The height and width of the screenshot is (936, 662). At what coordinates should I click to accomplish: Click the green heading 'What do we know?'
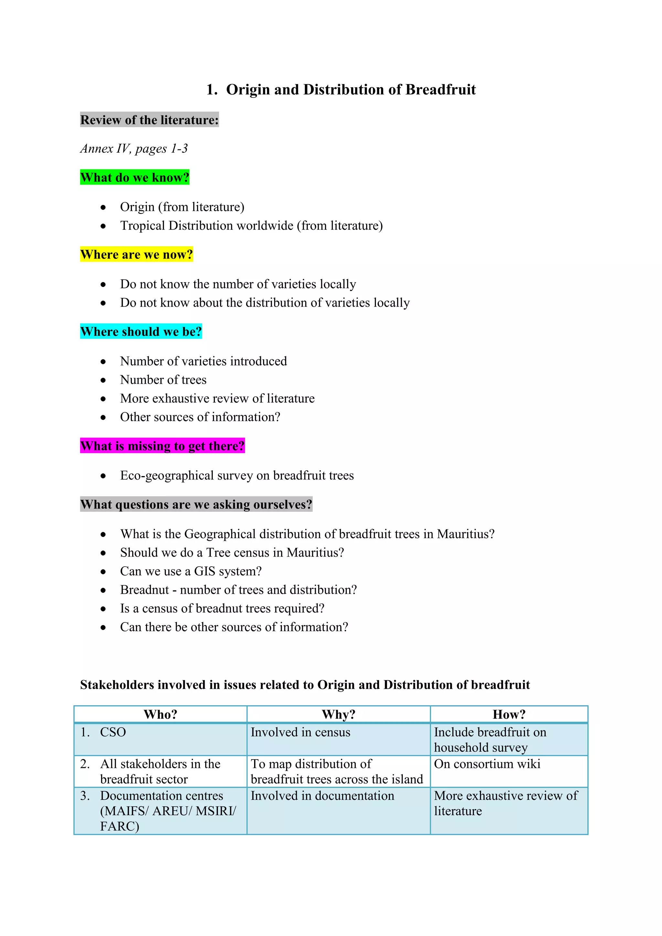point(134,177)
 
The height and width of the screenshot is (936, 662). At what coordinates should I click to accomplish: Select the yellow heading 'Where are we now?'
point(136,254)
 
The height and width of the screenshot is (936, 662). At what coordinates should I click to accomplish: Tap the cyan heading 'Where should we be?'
point(141,331)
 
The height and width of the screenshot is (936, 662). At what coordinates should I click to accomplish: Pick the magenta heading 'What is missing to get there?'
point(162,446)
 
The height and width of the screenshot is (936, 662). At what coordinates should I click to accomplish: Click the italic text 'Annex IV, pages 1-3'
point(134,148)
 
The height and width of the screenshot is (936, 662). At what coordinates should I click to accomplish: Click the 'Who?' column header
point(160,714)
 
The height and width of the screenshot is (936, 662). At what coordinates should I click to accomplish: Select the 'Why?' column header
point(338,714)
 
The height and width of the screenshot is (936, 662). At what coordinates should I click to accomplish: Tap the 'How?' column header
point(509,714)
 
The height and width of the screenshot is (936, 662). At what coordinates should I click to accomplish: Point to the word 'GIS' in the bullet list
point(205,571)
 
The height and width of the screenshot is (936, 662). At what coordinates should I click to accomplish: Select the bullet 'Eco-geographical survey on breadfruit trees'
point(237,475)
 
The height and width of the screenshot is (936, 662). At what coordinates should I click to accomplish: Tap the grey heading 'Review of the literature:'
point(149,120)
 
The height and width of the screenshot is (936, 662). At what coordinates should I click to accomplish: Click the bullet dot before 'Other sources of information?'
point(103,418)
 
